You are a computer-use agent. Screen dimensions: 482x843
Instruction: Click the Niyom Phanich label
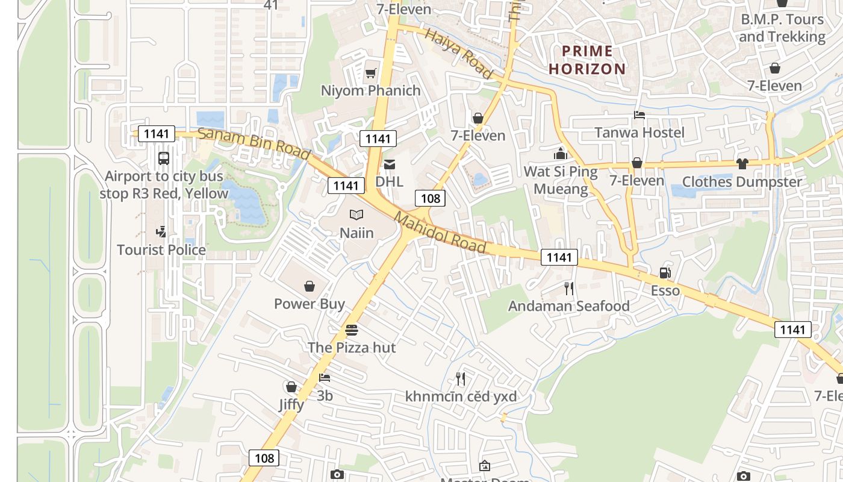pos(370,90)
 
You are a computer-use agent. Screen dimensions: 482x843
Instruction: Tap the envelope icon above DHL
pos(390,164)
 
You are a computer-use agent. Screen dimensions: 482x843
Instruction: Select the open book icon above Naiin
pos(356,214)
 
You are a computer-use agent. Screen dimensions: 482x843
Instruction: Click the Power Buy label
pos(310,304)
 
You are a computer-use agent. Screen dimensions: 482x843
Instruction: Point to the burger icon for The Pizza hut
pos(352,330)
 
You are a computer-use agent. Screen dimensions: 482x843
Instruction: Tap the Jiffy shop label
pos(291,404)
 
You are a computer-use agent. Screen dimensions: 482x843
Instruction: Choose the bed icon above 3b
pos(325,378)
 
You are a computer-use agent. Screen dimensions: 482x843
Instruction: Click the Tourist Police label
pos(161,249)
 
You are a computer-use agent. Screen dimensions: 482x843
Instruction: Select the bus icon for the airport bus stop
pos(163,158)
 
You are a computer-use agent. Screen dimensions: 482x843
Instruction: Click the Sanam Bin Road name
pos(254,145)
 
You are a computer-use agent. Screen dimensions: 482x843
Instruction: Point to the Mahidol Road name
pos(440,233)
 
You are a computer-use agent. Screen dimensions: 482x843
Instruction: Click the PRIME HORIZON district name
pos(587,60)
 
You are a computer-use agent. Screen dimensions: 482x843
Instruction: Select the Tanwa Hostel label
pos(639,132)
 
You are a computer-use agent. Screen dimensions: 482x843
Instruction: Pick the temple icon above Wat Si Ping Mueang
pos(561,154)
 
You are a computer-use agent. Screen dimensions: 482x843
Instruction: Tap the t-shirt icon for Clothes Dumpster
pos(742,164)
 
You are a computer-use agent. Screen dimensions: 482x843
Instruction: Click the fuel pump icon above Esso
pos(665,273)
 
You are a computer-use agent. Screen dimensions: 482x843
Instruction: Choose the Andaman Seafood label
pos(569,306)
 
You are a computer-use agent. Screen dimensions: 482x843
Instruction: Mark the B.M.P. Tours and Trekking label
pos(782,28)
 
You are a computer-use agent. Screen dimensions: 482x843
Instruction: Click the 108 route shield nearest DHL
pos(430,198)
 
